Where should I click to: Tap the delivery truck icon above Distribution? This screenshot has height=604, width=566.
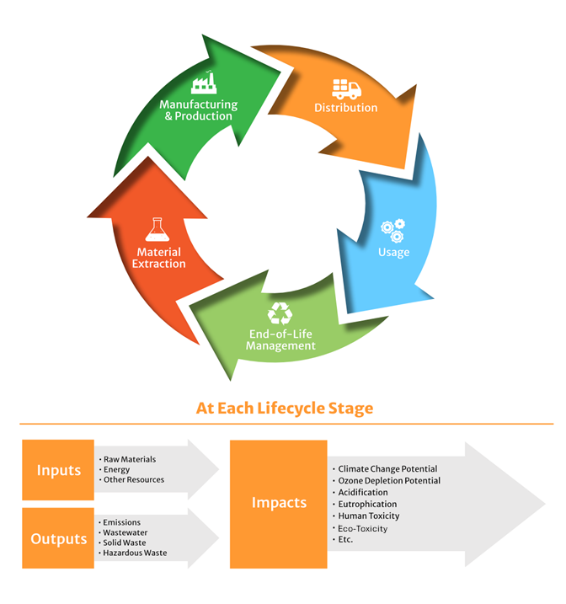345,88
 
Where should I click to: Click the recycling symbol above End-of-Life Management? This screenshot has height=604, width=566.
280,314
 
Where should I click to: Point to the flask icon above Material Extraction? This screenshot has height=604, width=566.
156,229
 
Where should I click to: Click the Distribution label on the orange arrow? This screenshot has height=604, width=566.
345,108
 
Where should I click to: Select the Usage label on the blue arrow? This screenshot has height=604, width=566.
393,252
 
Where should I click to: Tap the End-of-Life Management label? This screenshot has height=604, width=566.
281,339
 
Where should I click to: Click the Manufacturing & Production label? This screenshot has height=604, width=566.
199,110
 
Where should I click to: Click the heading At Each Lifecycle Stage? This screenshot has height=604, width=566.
284,409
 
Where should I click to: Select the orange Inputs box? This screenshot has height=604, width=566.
58,470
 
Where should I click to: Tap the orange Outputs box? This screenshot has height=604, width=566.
58,538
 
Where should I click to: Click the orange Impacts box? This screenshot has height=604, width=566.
279,503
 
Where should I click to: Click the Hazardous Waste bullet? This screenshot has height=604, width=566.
135,553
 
